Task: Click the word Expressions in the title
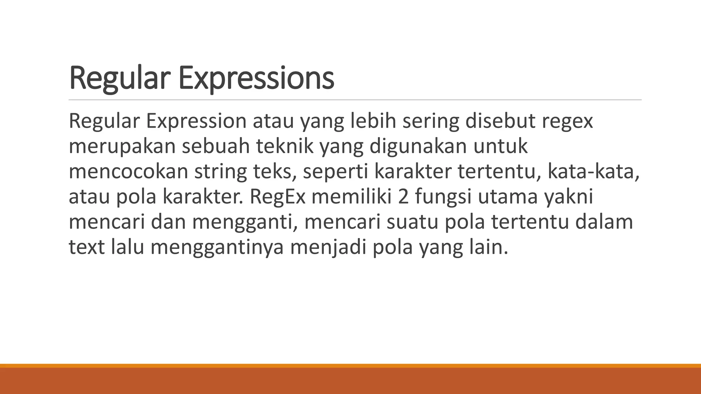coord(256,79)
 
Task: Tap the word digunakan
coord(418,146)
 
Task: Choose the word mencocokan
coord(128,172)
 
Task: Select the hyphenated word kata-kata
coord(593,172)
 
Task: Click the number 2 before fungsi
coord(404,197)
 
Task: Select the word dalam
coord(604,222)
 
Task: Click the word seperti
coord(335,172)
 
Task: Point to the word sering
coord(430,121)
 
